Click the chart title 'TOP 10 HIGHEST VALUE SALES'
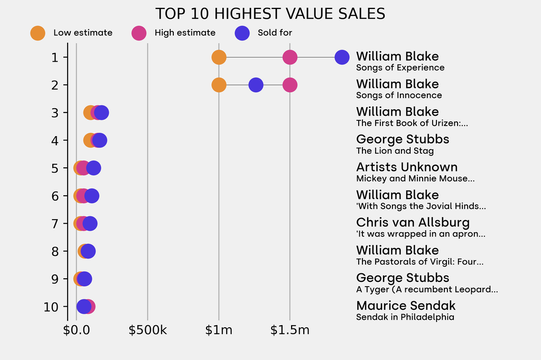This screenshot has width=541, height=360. (270, 14)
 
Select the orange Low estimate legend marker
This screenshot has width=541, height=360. (38, 33)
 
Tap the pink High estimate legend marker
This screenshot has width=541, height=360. (139, 33)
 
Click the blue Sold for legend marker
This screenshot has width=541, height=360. (242, 33)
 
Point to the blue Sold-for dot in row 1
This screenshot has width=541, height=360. (342, 57)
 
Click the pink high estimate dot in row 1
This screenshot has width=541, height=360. (290, 57)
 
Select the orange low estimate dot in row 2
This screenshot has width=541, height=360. (219, 84)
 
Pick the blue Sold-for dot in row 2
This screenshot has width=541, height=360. (256, 84)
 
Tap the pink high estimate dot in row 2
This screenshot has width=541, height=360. (290, 84)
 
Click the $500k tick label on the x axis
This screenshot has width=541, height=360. (147, 331)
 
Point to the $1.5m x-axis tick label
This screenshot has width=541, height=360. (290, 331)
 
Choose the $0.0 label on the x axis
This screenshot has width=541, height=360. (77, 331)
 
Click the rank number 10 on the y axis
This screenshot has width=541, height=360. (51, 307)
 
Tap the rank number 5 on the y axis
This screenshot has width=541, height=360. (55, 168)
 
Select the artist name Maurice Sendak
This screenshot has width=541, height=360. (405, 306)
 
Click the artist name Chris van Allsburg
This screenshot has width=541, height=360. (413, 222)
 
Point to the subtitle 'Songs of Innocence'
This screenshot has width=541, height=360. (399, 96)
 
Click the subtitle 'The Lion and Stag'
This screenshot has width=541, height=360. (395, 151)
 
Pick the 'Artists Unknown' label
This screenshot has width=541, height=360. (407, 167)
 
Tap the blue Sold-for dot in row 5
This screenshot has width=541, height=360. (94, 168)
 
